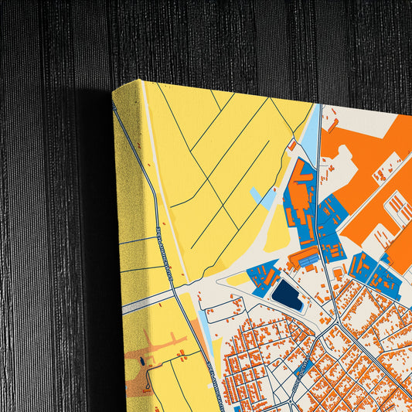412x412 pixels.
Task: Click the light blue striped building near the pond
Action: point(305,262)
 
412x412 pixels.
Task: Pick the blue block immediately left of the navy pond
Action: point(262,276)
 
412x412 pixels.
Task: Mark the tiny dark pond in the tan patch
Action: point(145,361)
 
